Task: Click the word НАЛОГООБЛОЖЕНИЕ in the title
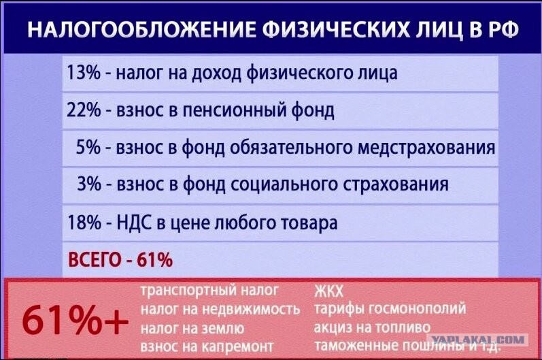tap(141, 29)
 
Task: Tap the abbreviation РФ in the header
tap(504, 29)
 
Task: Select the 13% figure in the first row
tap(84, 73)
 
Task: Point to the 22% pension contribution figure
tap(84, 110)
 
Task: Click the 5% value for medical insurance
tap(88, 147)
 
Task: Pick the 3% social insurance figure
tap(89, 184)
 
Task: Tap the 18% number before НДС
tap(84, 222)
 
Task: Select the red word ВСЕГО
tap(95, 259)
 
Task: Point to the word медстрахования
tap(426, 148)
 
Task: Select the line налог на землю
tap(192, 328)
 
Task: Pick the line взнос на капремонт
tap(207, 346)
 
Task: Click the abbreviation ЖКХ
tap(328, 291)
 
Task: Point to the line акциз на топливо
tap(372, 327)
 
